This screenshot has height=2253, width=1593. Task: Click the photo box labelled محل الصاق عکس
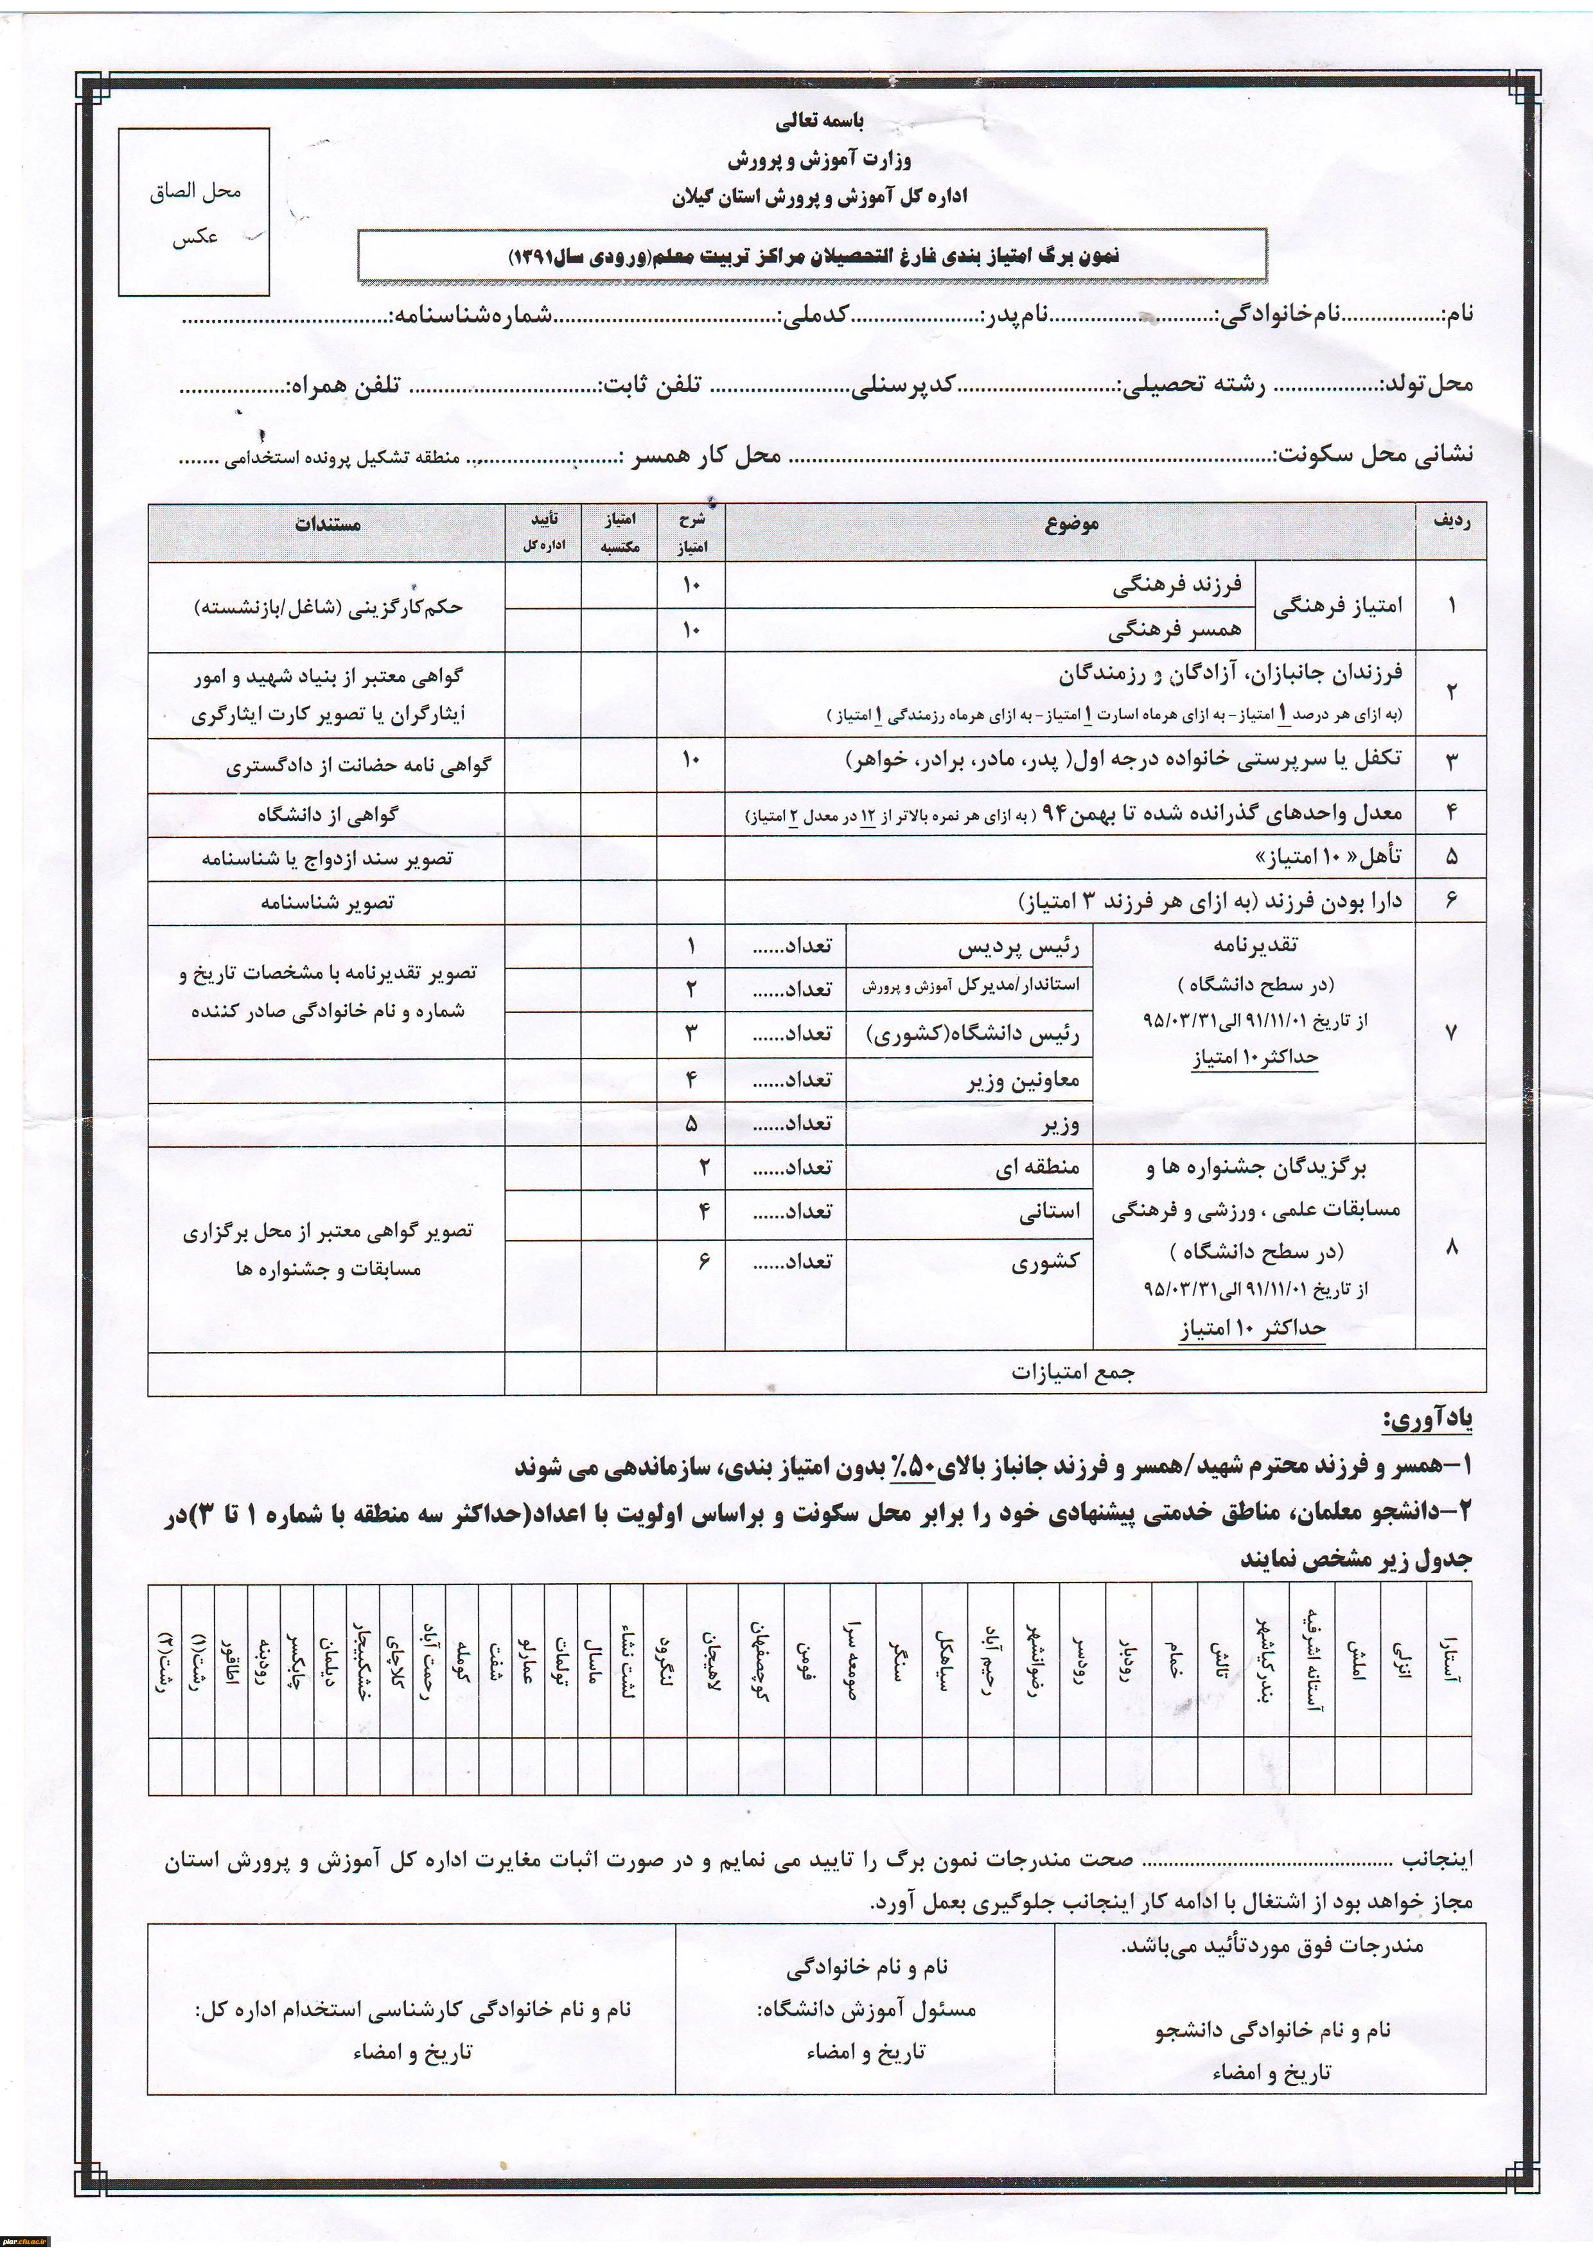point(195,212)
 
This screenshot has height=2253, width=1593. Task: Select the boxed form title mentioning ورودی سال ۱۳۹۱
point(812,257)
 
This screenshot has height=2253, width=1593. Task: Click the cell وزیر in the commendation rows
point(1060,1125)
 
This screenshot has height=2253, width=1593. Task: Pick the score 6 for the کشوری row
point(703,1261)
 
